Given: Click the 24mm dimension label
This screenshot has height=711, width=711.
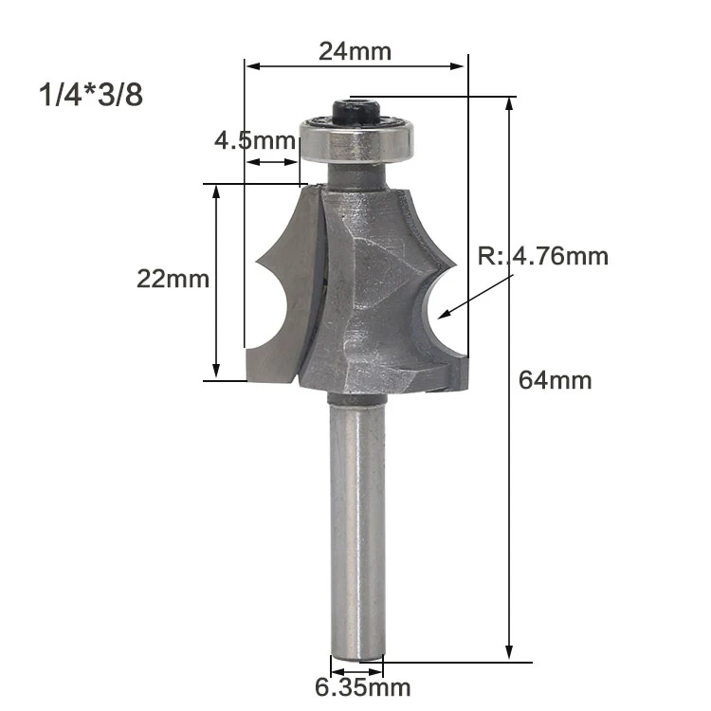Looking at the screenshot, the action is point(355,51).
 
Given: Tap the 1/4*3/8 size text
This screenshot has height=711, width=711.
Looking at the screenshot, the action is point(91,95).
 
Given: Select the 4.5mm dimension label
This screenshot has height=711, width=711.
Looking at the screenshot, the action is point(255,140).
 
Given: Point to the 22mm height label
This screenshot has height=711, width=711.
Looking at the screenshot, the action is point(173,279).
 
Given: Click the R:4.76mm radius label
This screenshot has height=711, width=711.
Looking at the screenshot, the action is point(543,256).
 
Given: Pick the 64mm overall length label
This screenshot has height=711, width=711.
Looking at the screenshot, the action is point(555,380).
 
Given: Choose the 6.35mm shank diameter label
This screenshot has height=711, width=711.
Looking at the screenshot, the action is point(363,687).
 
